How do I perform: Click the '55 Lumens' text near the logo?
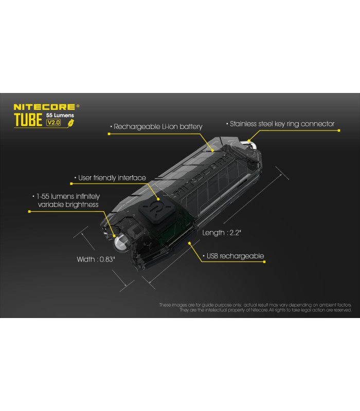point(60,116)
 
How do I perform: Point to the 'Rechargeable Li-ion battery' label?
point(157,126)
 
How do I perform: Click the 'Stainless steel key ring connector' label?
point(282,124)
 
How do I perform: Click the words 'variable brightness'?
point(68,204)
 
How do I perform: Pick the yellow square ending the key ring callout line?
point(339,130)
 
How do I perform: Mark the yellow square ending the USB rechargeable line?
point(264,262)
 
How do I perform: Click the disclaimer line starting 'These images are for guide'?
point(255,305)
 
